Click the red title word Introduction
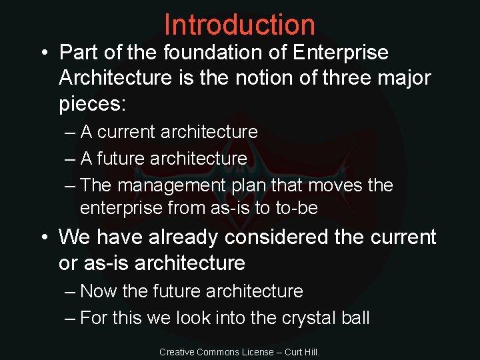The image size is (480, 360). [239, 25]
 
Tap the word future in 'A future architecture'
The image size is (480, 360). [122, 159]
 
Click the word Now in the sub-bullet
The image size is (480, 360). [99, 291]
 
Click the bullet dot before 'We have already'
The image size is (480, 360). [42, 237]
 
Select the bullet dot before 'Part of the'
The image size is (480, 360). [42, 52]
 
